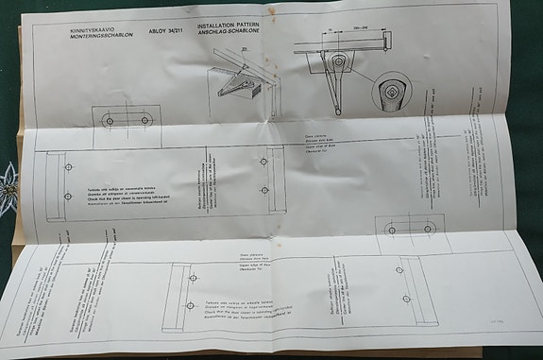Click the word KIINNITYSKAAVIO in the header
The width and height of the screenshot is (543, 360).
click(x=86, y=30)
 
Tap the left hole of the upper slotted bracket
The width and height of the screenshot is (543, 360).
click(x=110, y=121)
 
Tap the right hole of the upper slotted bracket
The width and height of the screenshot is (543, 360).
click(x=146, y=121)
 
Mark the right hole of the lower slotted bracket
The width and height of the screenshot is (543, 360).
click(x=428, y=228)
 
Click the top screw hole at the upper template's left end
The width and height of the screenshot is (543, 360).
click(x=68, y=168)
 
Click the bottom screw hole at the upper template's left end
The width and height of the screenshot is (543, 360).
click(x=68, y=196)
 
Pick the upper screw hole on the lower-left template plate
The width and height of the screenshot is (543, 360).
click(x=193, y=278)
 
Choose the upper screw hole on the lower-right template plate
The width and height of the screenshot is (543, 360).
click(x=399, y=270)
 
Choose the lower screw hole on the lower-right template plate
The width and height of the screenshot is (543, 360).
click(x=406, y=299)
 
